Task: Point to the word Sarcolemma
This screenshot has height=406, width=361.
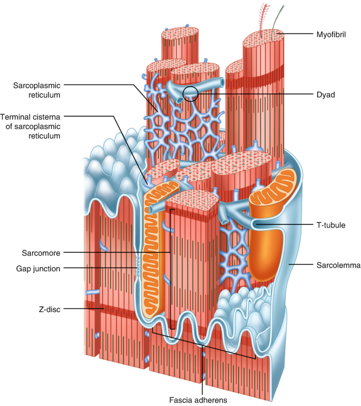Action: [335, 266]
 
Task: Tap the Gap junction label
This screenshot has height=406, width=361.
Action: [38, 268]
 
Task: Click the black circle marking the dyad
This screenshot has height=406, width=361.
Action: [190, 94]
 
